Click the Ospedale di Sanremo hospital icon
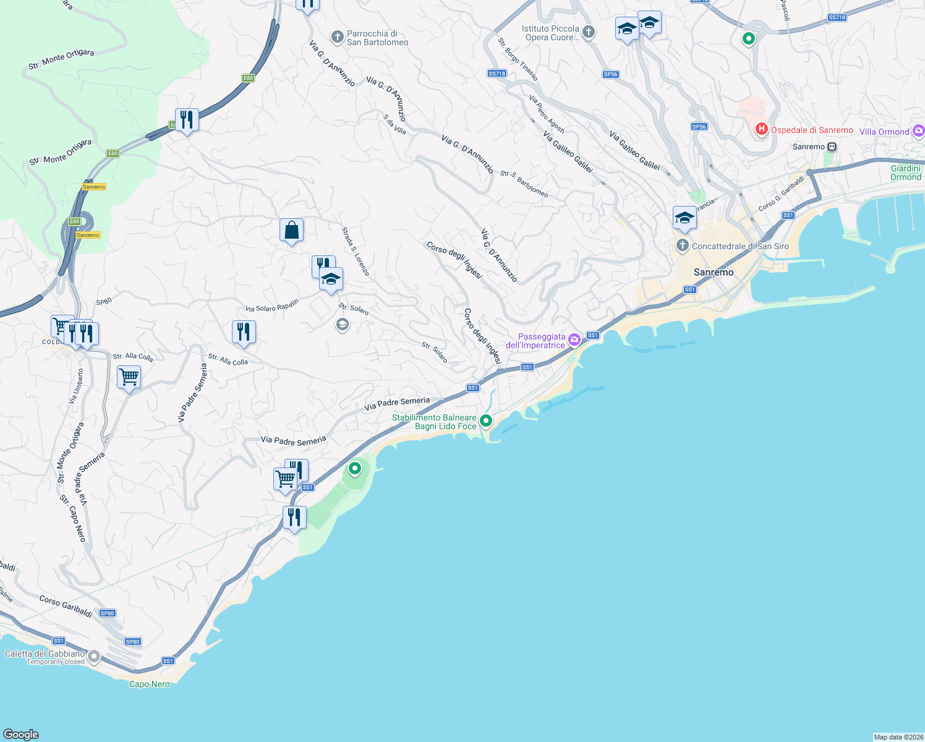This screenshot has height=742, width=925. click(761, 129)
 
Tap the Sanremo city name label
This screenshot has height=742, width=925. click(714, 272)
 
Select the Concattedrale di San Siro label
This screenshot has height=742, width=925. click(740, 246)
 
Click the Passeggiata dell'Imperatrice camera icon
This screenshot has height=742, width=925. click(574, 339)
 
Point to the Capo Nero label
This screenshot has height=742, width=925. click(150, 684)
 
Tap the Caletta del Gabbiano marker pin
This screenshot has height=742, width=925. click(94, 656)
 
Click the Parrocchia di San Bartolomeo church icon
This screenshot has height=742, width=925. click(337, 37)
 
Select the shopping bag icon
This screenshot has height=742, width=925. click(291, 231)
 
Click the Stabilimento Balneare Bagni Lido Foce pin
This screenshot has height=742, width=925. click(486, 420)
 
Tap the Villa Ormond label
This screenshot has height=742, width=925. click(884, 132)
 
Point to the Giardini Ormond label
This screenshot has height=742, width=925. click(906, 173)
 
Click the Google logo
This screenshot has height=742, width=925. click(21, 734)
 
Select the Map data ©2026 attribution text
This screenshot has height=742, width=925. click(898, 737)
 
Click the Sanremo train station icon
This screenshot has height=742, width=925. click(832, 147)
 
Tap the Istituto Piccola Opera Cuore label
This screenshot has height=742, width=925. click(550, 33)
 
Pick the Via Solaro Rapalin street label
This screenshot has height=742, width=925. click(272, 305)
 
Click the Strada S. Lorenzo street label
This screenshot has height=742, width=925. click(356, 251)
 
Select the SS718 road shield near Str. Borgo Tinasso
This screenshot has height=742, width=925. click(497, 74)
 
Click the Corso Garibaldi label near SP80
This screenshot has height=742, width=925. click(66, 606)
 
